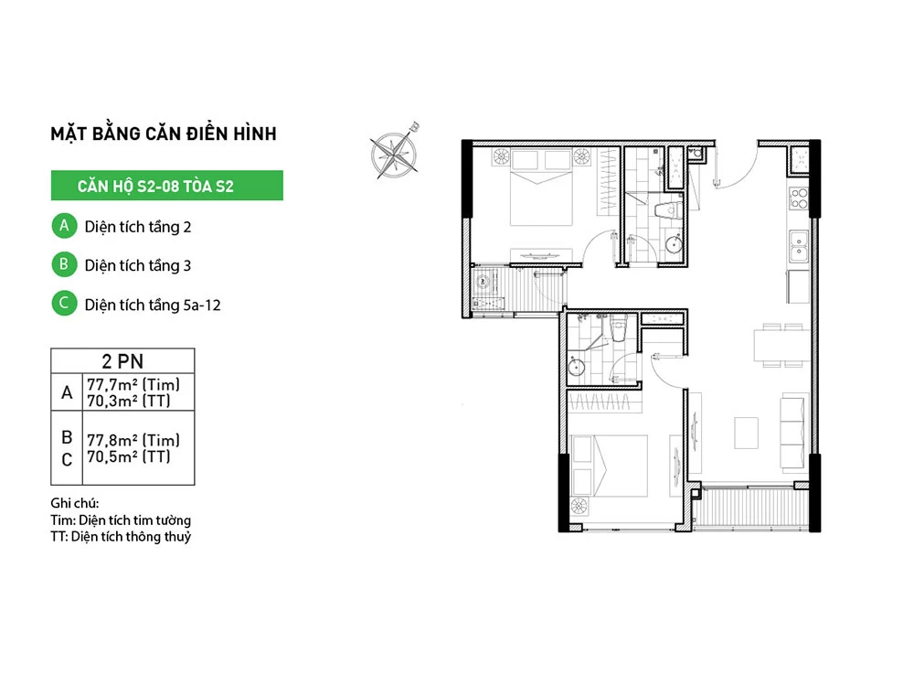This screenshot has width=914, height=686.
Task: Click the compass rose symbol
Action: pyautogui.click(x=395, y=152)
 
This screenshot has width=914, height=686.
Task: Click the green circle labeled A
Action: pyautogui.click(x=64, y=226)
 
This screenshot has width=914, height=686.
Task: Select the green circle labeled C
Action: pyautogui.click(x=64, y=304)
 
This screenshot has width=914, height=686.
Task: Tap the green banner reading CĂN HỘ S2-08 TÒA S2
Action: pyautogui.click(x=166, y=186)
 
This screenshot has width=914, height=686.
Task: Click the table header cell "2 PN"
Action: pyautogui.click(x=122, y=361)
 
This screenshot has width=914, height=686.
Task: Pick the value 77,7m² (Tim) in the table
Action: pyautogui.click(x=133, y=384)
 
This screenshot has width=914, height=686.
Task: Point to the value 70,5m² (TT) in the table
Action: pyautogui.click(x=129, y=456)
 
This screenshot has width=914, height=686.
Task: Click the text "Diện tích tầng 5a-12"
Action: pyautogui.click(x=153, y=305)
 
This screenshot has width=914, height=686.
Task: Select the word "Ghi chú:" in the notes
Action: pyautogui.click(x=75, y=503)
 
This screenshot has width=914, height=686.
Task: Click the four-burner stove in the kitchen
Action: pyautogui.click(x=799, y=198)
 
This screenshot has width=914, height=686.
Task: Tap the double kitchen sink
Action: pyautogui.click(x=799, y=246)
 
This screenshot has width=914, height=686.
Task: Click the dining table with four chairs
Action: pyautogui.click(x=781, y=346)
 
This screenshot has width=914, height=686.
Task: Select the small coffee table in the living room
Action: pyautogui.click(x=746, y=433)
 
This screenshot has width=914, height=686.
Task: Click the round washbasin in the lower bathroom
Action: pyautogui.click(x=576, y=368)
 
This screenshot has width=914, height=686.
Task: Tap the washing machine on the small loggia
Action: pyautogui.click(x=484, y=283)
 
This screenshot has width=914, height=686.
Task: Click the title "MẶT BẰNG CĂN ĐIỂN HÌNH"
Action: pyautogui.click(x=164, y=133)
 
